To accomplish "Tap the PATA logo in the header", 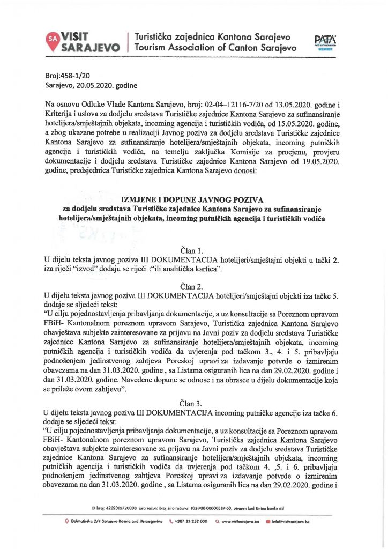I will tap(324, 41).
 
